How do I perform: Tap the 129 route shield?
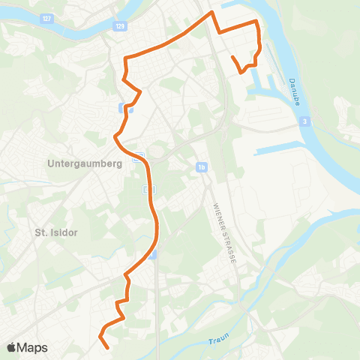point(120,26)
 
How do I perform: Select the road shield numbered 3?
point(306,120)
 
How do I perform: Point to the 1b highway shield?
point(202,166)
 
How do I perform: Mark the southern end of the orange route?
point(109,348)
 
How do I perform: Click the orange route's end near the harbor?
point(232,58)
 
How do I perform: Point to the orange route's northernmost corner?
point(212,13)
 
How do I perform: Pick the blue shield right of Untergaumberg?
point(138,158)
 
